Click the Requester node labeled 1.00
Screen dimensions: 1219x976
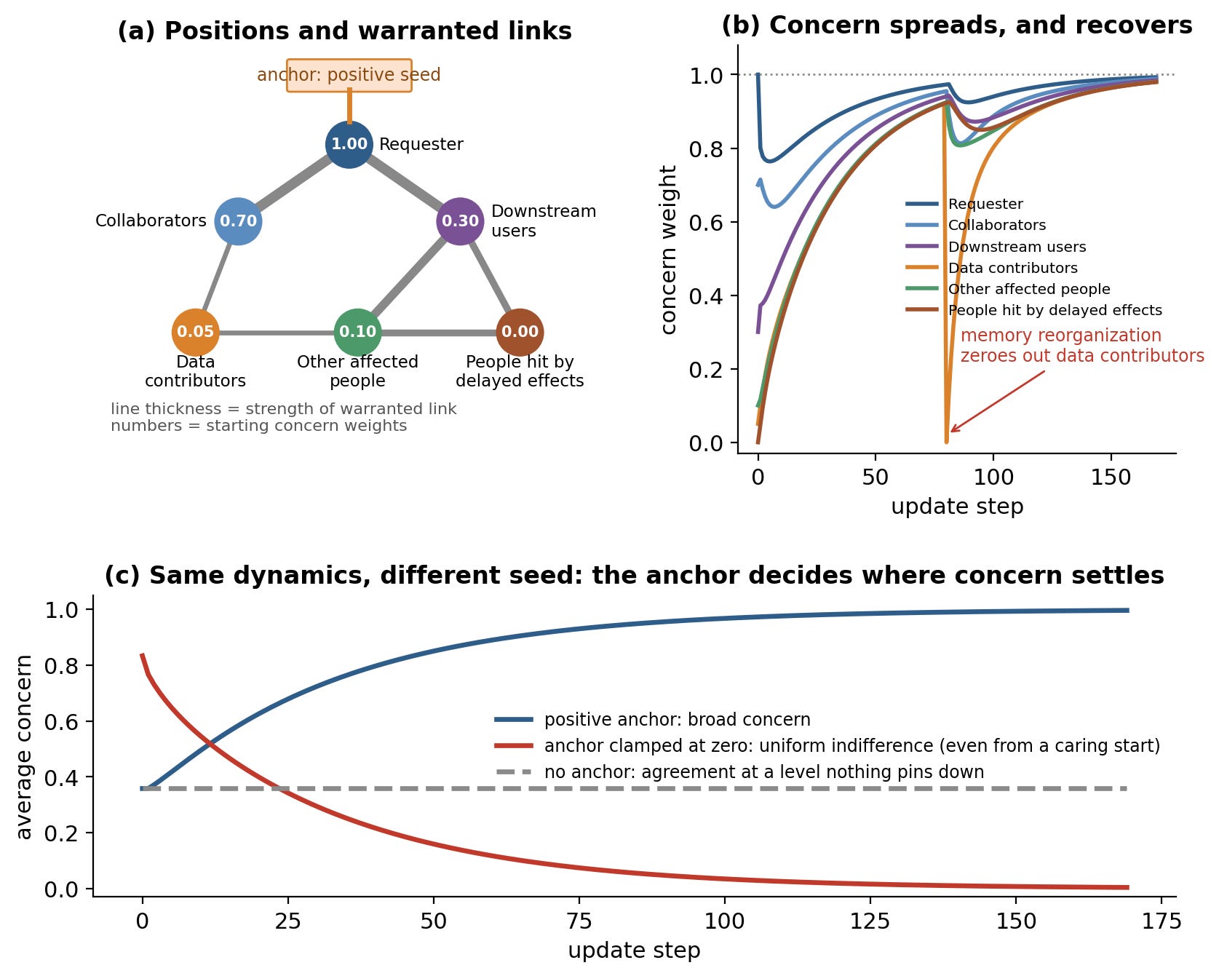349,144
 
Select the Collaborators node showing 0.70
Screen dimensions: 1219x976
238,221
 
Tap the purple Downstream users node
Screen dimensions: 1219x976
460,221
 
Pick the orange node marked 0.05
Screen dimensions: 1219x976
196,333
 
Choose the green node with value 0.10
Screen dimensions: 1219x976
357,333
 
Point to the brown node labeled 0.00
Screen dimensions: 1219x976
520,333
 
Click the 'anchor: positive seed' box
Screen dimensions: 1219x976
349,75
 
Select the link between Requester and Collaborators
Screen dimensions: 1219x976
293,183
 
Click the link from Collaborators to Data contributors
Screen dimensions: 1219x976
217,277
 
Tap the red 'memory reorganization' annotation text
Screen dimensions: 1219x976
1082,346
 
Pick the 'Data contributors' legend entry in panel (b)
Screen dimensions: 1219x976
992,268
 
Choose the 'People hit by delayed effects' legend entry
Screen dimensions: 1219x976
1034,310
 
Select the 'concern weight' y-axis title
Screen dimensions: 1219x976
668,250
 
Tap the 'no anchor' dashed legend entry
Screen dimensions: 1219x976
739,772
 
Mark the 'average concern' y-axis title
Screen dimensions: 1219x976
24,747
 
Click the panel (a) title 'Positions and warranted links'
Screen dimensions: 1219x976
345,31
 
